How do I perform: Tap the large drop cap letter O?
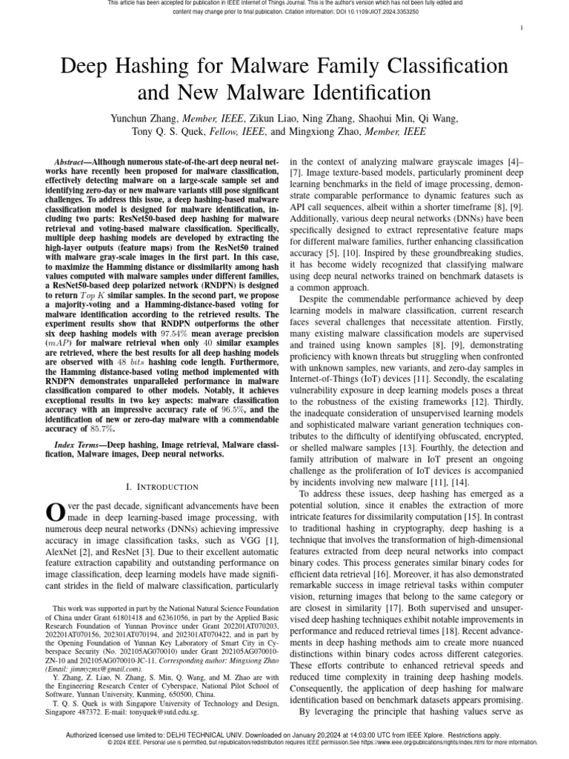(56, 511)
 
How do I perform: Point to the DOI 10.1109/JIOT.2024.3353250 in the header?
(407, 12)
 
